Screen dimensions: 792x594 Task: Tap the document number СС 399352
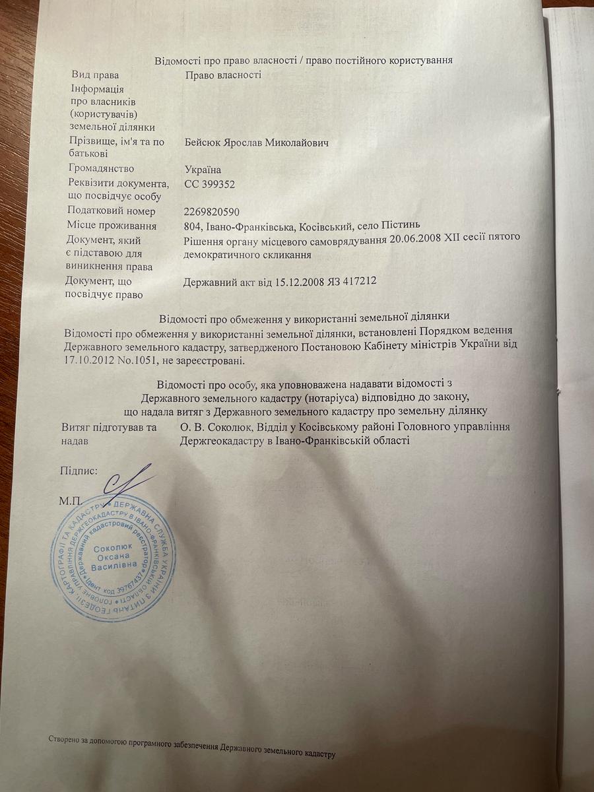(209, 185)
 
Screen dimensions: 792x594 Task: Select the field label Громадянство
(101, 169)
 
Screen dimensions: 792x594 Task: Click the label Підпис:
(79, 471)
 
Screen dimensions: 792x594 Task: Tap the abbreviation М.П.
(71, 500)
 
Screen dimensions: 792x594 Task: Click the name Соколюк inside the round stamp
(114, 547)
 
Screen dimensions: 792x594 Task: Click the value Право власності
(223, 75)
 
